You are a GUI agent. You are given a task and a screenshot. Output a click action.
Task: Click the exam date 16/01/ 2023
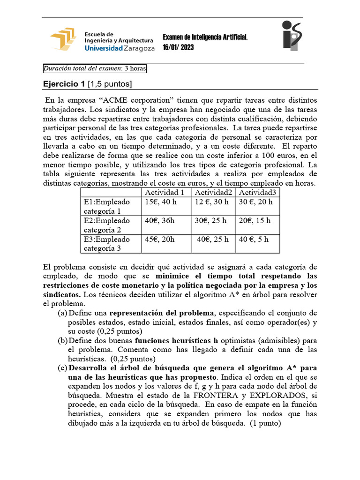pyautogui.click(x=178, y=47)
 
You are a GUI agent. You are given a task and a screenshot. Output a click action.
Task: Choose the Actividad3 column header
pyautogui.click(x=257, y=193)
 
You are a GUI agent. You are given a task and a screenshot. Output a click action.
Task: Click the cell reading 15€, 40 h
pyautogui.click(x=160, y=202)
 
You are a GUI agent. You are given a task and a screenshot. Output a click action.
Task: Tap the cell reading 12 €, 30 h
pyautogui.click(x=211, y=202)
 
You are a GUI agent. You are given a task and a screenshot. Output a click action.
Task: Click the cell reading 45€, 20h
pyautogui.click(x=160, y=239)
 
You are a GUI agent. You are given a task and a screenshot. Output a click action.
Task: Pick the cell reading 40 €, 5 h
pyautogui.click(x=254, y=239)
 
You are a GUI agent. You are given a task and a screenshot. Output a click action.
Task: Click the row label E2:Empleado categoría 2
pyautogui.click(x=107, y=225)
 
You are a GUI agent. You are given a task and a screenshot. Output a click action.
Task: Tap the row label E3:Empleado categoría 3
pyautogui.click(x=107, y=244)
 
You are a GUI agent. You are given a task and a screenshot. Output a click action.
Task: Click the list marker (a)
pyautogui.click(x=62, y=313)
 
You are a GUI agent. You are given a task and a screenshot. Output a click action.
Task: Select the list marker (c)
pyautogui.click(x=62, y=368)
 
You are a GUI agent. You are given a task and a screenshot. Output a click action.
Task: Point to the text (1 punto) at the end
pyautogui.click(x=264, y=423)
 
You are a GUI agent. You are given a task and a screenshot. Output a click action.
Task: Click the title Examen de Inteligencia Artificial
pyautogui.click(x=205, y=37)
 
